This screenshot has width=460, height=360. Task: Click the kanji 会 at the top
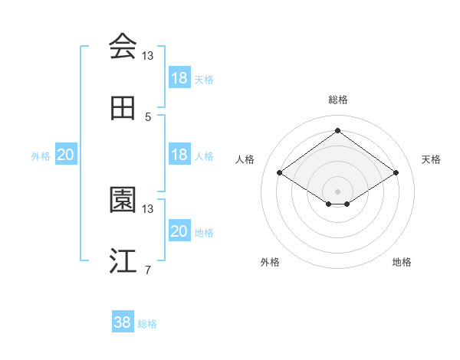[x=123, y=47]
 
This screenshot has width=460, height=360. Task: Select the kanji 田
[x=123, y=109]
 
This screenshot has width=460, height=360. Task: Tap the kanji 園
[x=123, y=200]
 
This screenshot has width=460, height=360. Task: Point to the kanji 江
[x=123, y=261]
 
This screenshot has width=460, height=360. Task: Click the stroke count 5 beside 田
[x=148, y=116]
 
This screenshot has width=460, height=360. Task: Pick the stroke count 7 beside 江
[x=148, y=270]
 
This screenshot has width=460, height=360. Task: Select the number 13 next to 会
[x=148, y=55]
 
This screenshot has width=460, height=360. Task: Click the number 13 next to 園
[x=148, y=208]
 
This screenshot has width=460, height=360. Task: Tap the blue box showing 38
[x=123, y=322]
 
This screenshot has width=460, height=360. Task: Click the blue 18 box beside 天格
[x=179, y=78]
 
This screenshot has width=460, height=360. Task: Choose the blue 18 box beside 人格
[x=179, y=155]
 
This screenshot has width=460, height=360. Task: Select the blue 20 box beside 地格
[x=179, y=231]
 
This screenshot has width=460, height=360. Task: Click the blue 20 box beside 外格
[x=66, y=155]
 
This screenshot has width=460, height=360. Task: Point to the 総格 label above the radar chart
[x=338, y=100]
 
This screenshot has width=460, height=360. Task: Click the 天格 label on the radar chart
[x=431, y=159]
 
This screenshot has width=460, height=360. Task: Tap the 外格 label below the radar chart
[x=270, y=262]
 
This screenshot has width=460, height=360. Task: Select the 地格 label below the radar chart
[x=402, y=262]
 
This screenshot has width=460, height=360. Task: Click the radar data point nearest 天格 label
[x=396, y=173]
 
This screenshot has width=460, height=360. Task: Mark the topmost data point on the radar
[x=337, y=130]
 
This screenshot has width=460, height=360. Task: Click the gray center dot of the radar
[x=337, y=191]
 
